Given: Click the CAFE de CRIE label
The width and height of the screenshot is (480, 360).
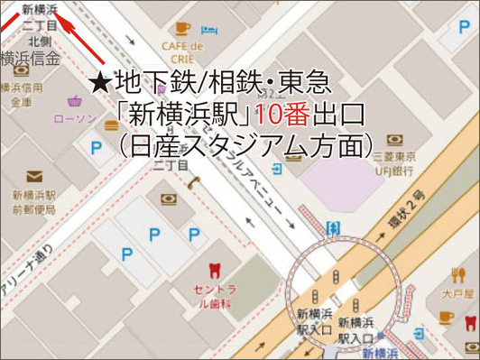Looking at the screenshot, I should tap(183, 52).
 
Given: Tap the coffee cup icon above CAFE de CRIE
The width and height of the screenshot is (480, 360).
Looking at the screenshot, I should tap(182, 28).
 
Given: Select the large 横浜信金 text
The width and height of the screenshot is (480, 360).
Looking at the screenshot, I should tap(31, 60).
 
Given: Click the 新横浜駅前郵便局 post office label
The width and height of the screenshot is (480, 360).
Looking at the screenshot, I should tap(33, 202).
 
